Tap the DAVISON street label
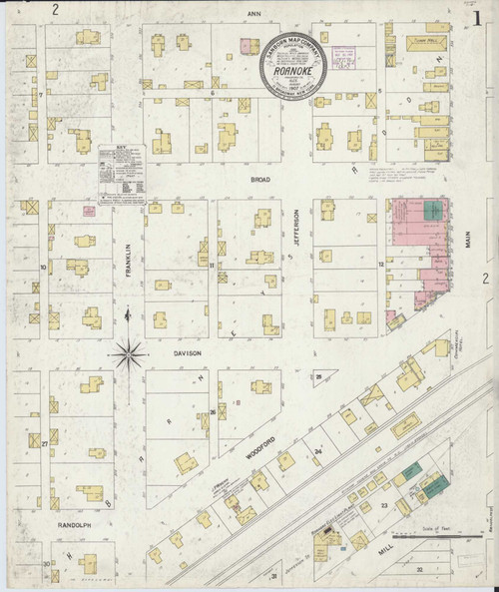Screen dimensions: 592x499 190,353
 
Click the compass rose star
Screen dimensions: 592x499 129,350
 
